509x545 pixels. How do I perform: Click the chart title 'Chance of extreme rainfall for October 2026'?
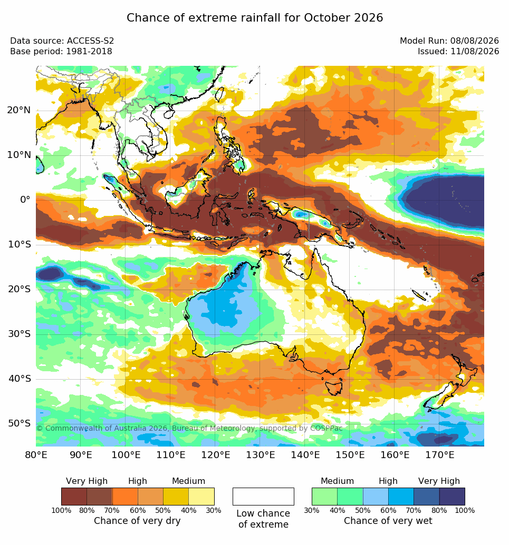tap(254, 18)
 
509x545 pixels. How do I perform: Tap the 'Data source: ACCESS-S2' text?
tap(62, 41)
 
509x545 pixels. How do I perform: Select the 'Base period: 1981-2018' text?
tap(61, 52)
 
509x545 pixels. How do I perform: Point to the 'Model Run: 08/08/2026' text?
tap(449, 41)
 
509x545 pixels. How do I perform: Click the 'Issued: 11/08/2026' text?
tap(458, 52)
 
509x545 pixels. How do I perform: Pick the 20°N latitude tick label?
tap(19, 110)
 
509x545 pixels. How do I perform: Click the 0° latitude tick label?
tap(25, 200)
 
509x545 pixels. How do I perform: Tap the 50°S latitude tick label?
tap(19, 423)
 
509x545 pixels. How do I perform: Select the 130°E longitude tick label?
tap(260, 454)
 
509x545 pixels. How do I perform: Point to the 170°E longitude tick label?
tap(439, 454)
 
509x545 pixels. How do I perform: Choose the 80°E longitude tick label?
tap(36, 454)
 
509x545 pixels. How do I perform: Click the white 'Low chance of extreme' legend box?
tap(263, 497)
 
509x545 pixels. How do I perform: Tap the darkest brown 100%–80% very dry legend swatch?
tap(74, 497)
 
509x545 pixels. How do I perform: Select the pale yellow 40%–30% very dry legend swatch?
tap(201, 497)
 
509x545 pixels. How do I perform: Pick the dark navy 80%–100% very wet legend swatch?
tap(452, 497)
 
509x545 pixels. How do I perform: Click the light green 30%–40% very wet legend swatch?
tap(324, 497)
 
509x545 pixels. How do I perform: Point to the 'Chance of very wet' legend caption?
tap(388, 521)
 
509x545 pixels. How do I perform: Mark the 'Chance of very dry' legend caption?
tap(137, 521)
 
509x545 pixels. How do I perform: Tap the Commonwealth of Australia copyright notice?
tap(189, 428)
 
